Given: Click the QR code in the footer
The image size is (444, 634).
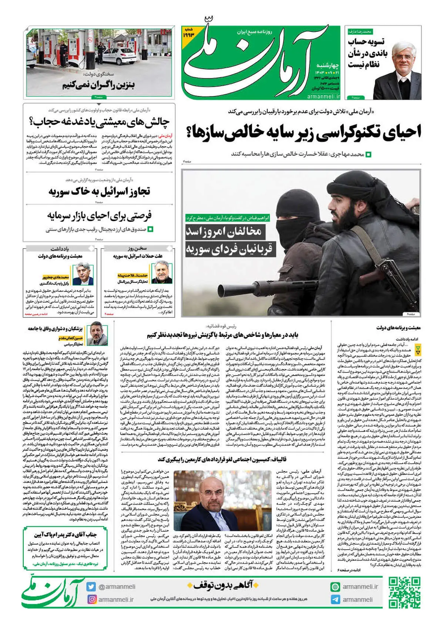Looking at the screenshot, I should [404, 592].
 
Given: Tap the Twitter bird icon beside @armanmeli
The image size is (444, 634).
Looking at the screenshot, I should [91, 587].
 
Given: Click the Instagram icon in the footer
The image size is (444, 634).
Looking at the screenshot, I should [91, 599].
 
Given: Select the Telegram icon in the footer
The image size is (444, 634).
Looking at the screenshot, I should [335, 600].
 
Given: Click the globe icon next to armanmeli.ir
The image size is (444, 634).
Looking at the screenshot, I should [335, 587].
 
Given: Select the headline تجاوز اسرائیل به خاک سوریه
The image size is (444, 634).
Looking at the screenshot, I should [99, 192].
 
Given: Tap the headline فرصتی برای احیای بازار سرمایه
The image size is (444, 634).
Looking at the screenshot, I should [99, 216].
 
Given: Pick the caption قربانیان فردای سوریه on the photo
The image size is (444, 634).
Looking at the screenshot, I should [229, 248].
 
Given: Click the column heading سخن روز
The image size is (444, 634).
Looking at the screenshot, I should [137, 249].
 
